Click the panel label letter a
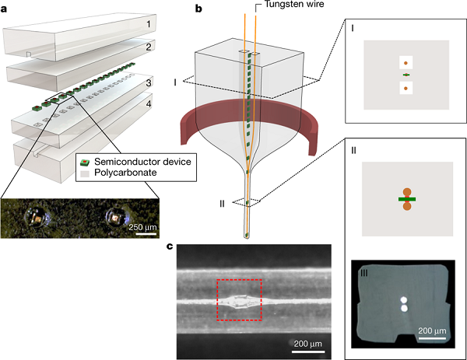pos(4,9)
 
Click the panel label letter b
pos(198,9)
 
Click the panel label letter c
pos(170,246)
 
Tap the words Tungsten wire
pos(294,4)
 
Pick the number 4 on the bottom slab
pos(149,104)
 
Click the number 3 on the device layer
pos(149,82)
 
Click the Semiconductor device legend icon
pos(85,163)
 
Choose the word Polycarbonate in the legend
pos(125,173)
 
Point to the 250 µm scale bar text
pos(142,228)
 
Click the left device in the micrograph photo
pos(37,217)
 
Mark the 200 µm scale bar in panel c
pos(308,352)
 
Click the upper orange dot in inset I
pos(406,63)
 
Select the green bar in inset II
pos(407,199)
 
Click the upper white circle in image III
pos(404,300)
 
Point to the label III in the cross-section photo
pos(363,274)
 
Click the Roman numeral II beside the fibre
pos(222,204)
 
